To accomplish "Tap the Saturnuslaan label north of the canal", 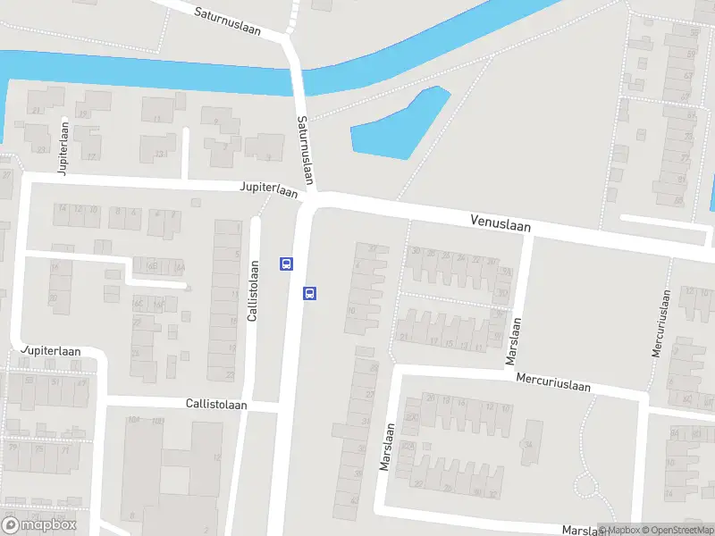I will point(227,20).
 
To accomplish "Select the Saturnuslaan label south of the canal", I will point(307,151).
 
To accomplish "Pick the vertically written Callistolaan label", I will point(253,290).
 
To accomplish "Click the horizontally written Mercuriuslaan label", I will point(553,382).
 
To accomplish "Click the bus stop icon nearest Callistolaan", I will point(287,264).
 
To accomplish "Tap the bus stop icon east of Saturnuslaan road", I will point(310,292).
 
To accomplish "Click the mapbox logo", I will point(39,525).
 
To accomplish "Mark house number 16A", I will point(179,267).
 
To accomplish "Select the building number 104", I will point(135,419).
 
